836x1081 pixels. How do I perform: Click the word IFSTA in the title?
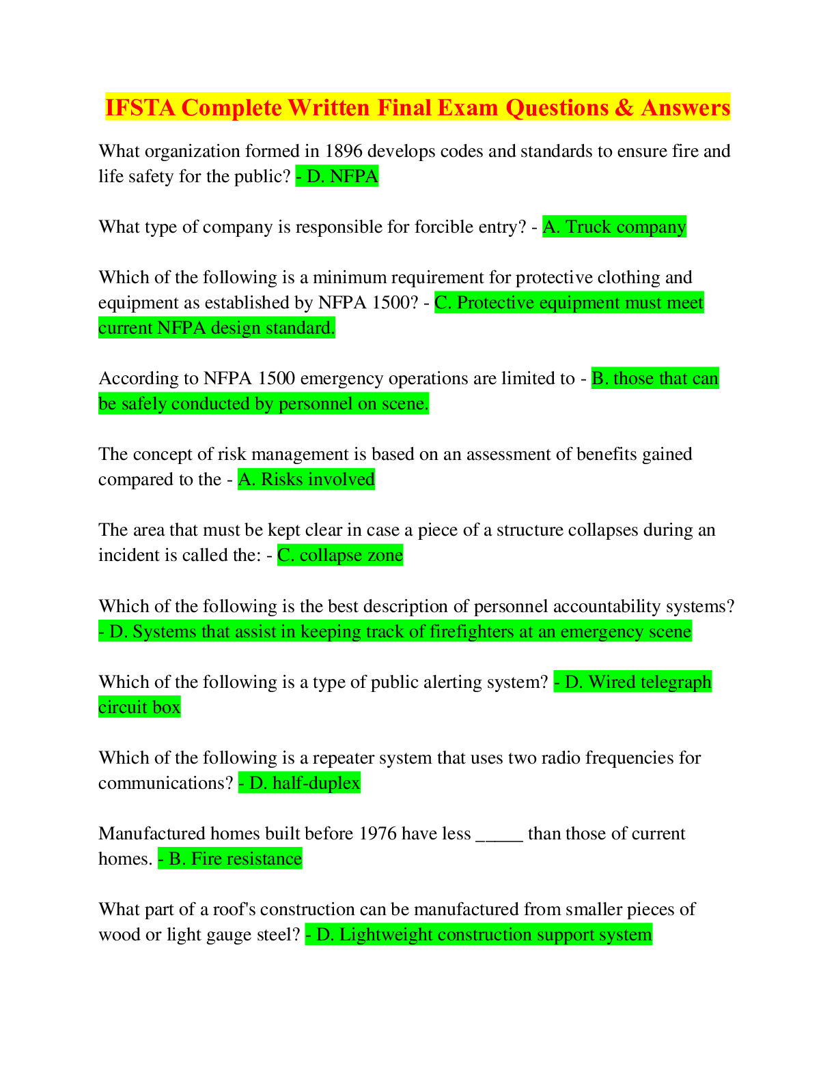tap(140, 107)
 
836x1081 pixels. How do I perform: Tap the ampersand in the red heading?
tap(624, 107)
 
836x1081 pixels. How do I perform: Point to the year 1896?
tap(343, 151)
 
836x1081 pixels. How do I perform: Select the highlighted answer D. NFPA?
tap(342, 176)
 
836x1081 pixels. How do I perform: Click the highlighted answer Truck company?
tap(626, 227)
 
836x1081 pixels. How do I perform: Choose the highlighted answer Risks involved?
tap(318, 479)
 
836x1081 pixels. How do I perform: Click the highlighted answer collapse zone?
tap(351, 556)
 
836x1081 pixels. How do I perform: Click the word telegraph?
tap(664, 682)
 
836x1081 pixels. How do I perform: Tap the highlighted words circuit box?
tap(139, 708)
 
